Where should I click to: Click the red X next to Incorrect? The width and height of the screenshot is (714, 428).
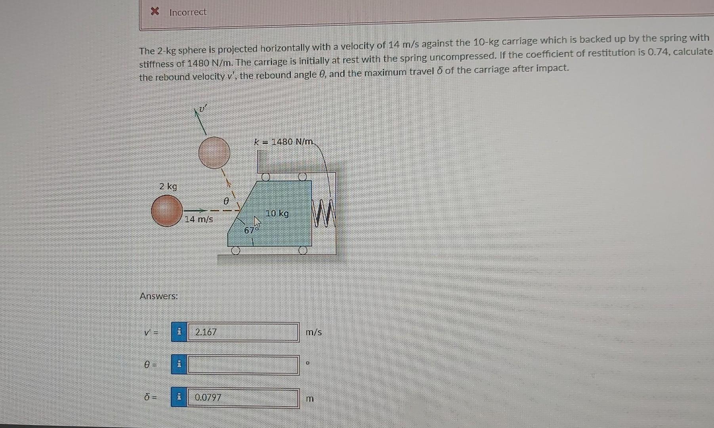click(155, 11)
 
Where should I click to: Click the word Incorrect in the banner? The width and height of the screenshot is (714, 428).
click(188, 12)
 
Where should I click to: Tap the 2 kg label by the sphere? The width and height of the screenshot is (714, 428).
click(168, 186)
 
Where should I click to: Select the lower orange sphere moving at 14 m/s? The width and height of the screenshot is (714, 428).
click(167, 211)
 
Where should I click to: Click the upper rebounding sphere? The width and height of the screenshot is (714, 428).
click(214, 153)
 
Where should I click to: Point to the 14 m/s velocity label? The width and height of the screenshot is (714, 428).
click(199, 219)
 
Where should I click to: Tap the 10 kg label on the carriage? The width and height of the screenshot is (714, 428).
click(277, 214)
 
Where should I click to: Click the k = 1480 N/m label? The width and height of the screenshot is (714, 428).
click(284, 141)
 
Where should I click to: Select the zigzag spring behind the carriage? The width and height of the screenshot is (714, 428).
click(324, 214)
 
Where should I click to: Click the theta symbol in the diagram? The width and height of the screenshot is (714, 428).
click(226, 201)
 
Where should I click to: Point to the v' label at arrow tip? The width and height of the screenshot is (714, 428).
click(203, 108)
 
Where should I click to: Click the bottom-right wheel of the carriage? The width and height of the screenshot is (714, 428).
click(303, 250)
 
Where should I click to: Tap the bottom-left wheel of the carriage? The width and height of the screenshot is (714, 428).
click(236, 250)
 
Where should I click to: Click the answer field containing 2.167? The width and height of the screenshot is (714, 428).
click(243, 332)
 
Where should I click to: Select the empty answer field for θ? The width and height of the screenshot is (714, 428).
click(243, 365)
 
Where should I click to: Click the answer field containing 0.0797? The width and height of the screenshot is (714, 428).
click(243, 398)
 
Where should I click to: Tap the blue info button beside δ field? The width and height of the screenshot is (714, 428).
click(179, 397)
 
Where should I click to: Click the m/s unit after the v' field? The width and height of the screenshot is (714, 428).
click(313, 332)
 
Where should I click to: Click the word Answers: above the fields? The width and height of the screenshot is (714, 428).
click(158, 296)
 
